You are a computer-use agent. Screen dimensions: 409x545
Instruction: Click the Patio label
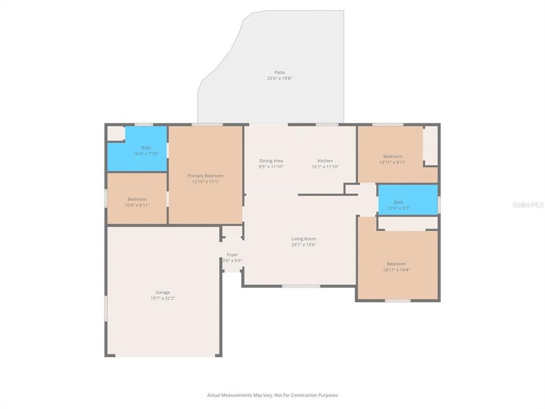(279, 72)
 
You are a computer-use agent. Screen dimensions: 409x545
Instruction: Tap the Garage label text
(163, 293)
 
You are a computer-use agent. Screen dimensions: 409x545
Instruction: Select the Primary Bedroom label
(206, 176)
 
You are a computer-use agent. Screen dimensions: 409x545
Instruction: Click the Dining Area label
(271, 161)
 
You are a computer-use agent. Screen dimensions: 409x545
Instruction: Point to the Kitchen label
(325, 161)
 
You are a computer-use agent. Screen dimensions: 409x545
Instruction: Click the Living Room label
(304, 239)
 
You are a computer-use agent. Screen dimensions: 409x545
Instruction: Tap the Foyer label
(232, 255)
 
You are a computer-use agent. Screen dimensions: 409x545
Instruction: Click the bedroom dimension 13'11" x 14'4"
(396, 270)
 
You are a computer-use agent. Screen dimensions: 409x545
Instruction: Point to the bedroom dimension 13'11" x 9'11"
(392, 162)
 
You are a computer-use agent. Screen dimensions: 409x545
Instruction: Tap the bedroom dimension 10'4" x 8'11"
(137, 205)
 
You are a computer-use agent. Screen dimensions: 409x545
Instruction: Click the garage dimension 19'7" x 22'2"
(163, 298)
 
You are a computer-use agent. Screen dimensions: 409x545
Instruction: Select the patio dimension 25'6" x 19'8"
(279, 78)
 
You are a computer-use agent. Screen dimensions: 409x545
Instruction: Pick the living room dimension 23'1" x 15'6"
(304, 245)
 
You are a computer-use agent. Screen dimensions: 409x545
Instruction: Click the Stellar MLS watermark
(527, 204)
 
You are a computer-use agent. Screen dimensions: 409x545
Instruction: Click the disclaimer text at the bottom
(272, 395)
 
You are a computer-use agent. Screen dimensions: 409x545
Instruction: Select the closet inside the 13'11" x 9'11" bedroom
(431, 145)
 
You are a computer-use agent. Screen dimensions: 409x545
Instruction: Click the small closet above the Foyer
(232, 232)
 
